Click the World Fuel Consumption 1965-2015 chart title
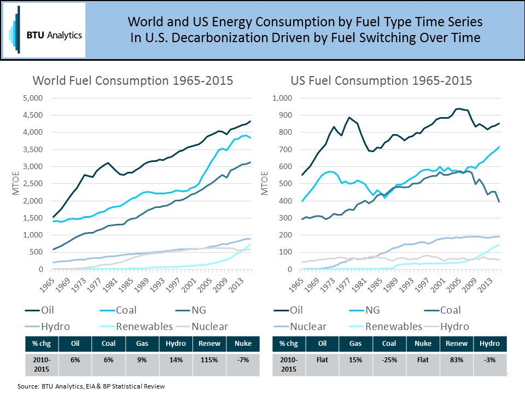pos(133,80)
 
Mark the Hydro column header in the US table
pos(489,344)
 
